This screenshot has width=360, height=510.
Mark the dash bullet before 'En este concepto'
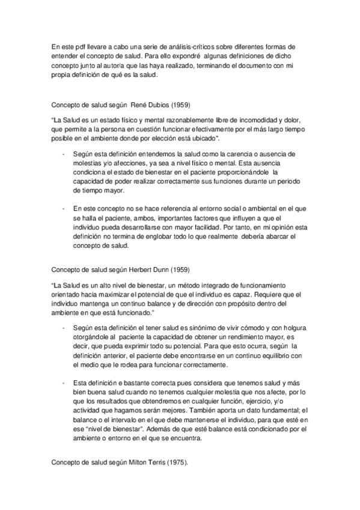[x=64, y=208]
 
